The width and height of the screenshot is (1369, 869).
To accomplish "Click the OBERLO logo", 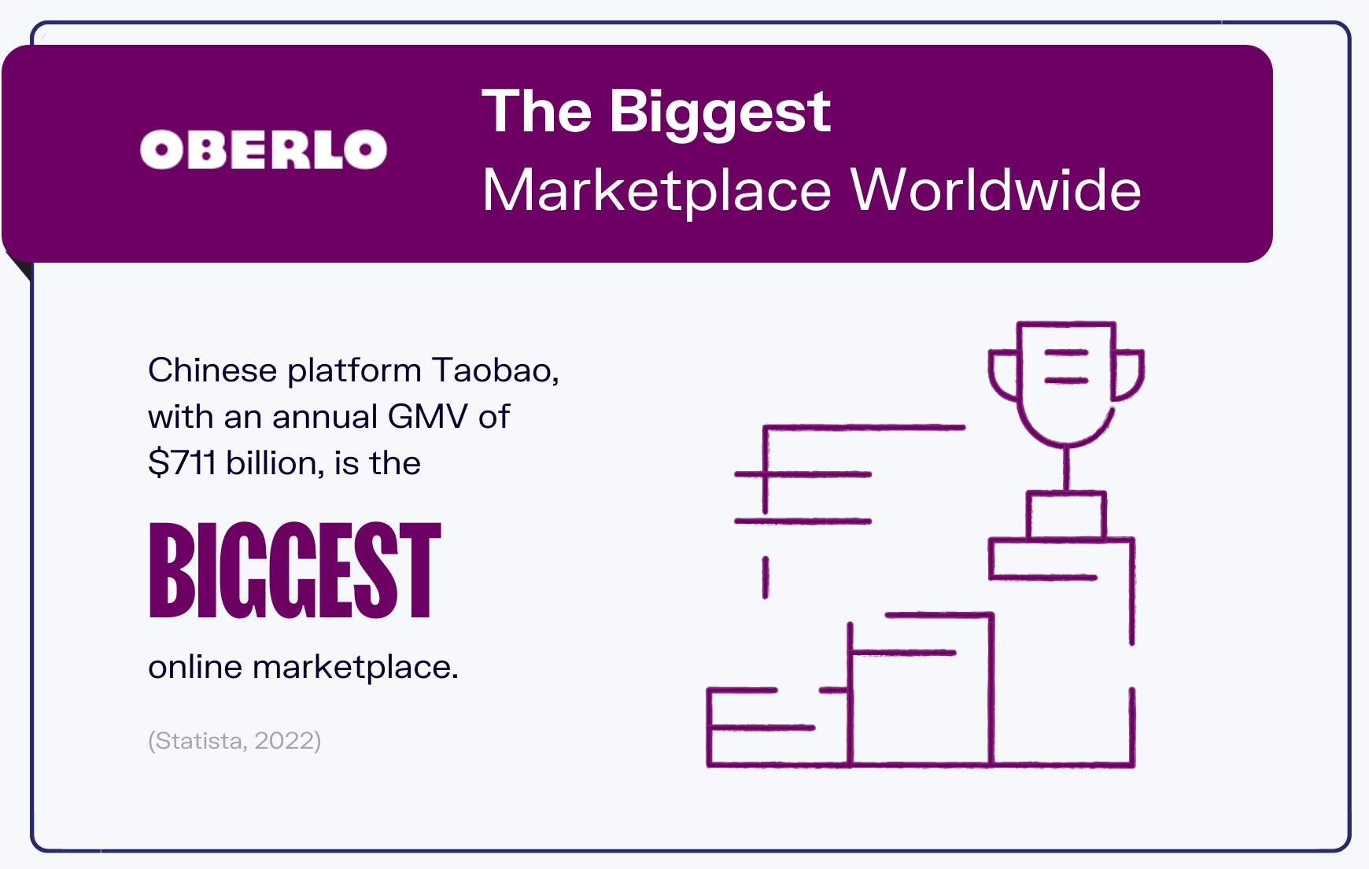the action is point(264,149).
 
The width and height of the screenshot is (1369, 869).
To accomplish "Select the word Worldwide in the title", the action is point(996,190).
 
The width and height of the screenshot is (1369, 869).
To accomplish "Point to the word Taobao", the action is point(496,370).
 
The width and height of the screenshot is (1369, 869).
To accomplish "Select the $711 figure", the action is point(182,462).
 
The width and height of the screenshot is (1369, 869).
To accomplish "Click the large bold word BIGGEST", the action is point(295,570).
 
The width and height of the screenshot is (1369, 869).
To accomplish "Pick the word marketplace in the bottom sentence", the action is point(355,668).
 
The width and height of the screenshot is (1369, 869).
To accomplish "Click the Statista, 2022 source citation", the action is point(234,740).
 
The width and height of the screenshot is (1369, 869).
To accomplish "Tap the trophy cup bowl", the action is point(1066,385).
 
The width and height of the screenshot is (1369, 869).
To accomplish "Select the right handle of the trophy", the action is point(1128,374).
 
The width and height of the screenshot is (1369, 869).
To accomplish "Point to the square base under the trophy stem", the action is point(1067,515).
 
